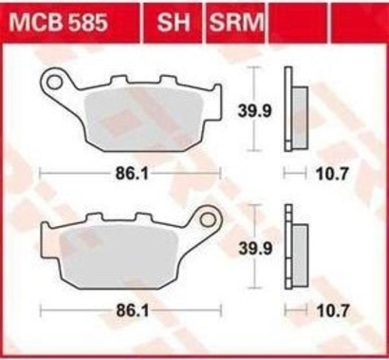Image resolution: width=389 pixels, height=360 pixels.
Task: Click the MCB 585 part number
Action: (x=59, y=23)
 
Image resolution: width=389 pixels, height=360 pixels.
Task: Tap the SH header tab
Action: (x=174, y=22)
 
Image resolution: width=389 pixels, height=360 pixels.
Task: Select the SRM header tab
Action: (x=236, y=22)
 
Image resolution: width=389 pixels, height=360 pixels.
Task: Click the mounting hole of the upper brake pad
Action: (x=54, y=82)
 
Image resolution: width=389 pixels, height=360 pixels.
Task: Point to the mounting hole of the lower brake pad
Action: (x=209, y=219)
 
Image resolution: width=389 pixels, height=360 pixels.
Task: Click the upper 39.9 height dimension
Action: (x=254, y=111)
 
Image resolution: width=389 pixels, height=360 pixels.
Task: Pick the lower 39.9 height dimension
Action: (x=255, y=249)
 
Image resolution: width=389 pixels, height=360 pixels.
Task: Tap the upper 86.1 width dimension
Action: (x=132, y=174)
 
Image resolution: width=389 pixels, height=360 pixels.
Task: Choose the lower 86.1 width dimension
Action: (x=133, y=311)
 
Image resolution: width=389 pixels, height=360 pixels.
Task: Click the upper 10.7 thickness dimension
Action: (x=332, y=174)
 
